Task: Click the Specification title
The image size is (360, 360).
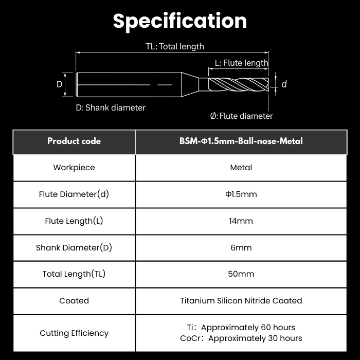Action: click(x=180, y=21)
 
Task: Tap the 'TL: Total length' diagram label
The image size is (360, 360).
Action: click(x=175, y=46)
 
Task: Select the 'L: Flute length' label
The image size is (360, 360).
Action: click(x=241, y=63)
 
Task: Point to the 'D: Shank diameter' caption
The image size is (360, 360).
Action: click(x=111, y=107)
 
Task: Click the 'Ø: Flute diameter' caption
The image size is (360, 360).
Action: click(x=241, y=116)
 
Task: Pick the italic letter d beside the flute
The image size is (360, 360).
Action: click(x=284, y=84)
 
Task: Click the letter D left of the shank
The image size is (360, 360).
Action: click(x=59, y=84)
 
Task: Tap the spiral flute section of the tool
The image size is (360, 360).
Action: click(x=239, y=84)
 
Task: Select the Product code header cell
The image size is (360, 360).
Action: click(x=74, y=141)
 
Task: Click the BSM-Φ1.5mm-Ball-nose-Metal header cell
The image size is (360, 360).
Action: click(x=241, y=141)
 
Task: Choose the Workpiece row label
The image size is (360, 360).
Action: click(x=74, y=168)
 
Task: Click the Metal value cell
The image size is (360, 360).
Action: click(x=241, y=168)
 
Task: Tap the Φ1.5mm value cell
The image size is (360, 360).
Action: click(x=241, y=194)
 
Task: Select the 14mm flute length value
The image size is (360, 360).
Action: click(x=241, y=221)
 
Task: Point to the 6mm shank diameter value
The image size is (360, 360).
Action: click(x=241, y=247)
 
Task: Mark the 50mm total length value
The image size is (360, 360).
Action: click(x=241, y=274)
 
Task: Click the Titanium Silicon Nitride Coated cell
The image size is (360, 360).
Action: click(x=241, y=300)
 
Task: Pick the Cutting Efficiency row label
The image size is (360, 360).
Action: click(x=74, y=333)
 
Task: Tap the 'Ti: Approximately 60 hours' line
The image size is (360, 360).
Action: click(x=241, y=328)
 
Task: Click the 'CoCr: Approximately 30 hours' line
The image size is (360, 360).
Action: click(x=241, y=338)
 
